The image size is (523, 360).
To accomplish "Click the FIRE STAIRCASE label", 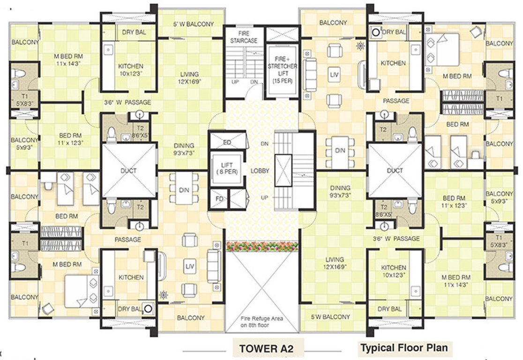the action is [x=244, y=37].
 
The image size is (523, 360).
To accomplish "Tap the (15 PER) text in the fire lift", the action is [x=282, y=81].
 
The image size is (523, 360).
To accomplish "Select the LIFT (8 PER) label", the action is [x=227, y=168].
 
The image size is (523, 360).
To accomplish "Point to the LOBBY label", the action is [x=260, y=171].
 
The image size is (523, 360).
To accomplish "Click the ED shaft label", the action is [x=227, y=142].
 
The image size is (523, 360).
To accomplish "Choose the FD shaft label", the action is [x=219, y=199].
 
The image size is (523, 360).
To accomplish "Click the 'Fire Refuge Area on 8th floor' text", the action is [x=261, y=322].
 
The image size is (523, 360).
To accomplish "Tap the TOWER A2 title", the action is [x=266, y=349].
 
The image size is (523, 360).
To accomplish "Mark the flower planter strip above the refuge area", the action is [x=262, y=247].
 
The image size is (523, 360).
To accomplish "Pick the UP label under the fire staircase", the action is [x=235, y=82].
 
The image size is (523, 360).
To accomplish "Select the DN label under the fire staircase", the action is [x=254, y=82].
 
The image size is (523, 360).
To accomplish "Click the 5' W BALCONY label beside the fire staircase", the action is [x=194, y=24].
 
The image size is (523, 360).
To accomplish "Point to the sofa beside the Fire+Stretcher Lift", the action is [x=310, y=75].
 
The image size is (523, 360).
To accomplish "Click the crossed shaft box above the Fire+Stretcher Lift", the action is [x=282, y=34].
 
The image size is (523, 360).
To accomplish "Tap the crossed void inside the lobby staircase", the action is [x=283, y=170].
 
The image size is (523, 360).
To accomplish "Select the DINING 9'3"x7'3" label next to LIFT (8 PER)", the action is [x=184, y=149].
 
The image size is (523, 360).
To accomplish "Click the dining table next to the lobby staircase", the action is [x=340, y=152].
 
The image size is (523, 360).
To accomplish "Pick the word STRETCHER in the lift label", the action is [x=282, y=66].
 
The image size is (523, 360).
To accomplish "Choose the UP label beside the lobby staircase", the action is [x=264, y=197].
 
